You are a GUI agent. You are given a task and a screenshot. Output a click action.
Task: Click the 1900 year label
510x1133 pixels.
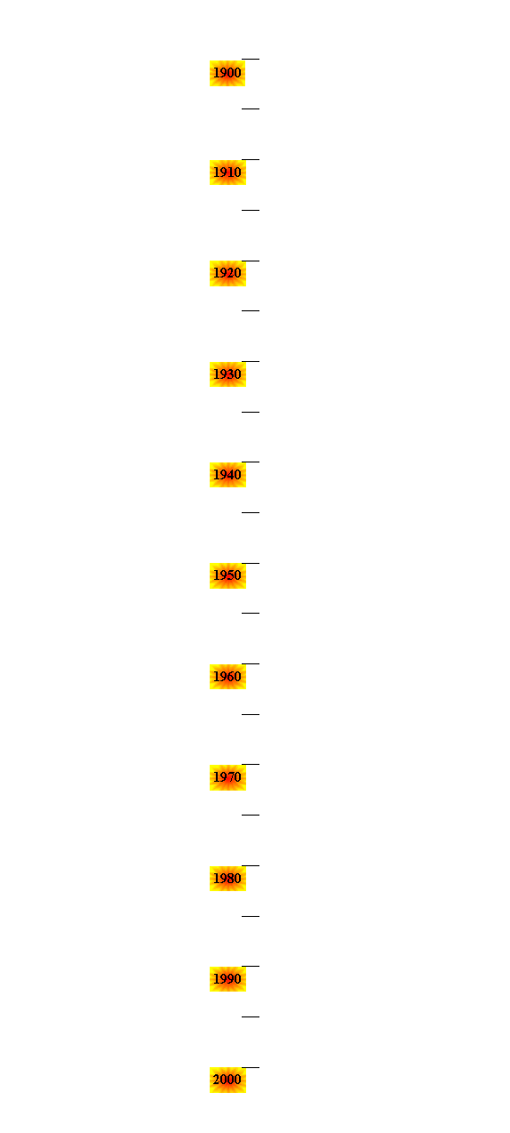[227, 73]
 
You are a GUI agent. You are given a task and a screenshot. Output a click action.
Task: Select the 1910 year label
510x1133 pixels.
[227, 173]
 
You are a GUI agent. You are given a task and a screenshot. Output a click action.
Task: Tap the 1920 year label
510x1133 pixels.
[227, 273]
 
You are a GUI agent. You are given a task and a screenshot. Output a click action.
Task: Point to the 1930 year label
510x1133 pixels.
[227, 374]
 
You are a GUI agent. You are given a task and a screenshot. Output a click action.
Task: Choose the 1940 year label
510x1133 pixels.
[227, 475]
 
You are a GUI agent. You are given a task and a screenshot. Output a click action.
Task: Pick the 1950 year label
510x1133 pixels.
[227, 575]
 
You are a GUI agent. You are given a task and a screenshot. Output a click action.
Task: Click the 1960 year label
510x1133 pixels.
[227, 677]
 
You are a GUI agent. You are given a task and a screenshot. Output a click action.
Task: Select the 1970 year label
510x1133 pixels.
[227, 777]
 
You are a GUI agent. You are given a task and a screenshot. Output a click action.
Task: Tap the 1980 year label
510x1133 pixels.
[227, 879]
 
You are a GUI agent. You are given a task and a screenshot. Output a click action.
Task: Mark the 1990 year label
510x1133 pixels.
[227, 979]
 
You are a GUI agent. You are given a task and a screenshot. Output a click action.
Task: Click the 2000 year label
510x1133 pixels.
[227, 1080]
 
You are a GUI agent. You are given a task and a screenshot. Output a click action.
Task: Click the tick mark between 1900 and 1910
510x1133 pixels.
[251, 108]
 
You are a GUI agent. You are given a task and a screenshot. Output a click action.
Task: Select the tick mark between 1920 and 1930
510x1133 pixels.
[251, 310]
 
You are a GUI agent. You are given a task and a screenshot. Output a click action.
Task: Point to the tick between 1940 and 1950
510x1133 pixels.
[251, 512]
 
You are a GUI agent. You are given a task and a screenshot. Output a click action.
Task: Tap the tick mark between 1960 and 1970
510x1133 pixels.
[251, 714]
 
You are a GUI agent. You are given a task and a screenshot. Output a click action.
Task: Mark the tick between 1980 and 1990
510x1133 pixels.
[251, 916]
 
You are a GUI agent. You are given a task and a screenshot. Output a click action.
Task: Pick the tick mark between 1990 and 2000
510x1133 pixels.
[251, 1016]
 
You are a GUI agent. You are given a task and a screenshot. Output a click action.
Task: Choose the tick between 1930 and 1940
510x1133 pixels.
[251, 412]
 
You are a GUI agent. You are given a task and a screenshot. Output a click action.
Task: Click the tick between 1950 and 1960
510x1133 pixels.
[251, 613]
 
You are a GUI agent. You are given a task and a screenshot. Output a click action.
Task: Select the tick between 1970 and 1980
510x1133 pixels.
[251, 815]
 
